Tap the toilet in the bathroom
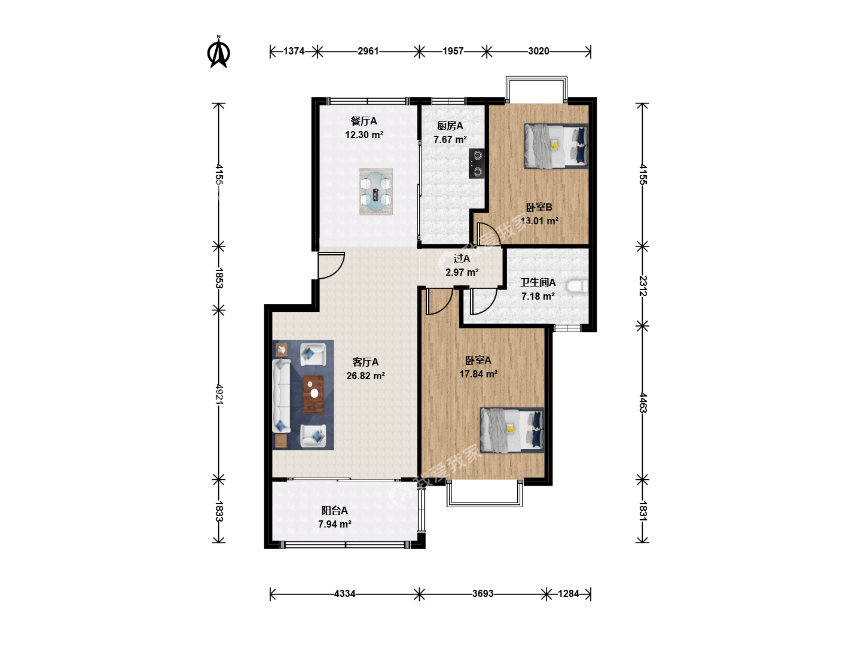[x=578, y=287]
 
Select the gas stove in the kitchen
[x=477, y=163]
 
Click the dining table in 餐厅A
[x=375, y=192]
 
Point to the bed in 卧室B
[x=556, y=146]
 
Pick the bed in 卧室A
[x=512, y=430]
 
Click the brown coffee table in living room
[x=313, y=395]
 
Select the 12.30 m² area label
[x=364, y=135]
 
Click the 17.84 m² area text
[x=478, y=374]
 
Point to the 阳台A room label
[x=335, y=510]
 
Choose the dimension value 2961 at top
[x=368, y=51]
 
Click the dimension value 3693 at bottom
[x=483, y=593]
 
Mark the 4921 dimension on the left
[x=219, y=394]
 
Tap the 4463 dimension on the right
[x=643, y=403]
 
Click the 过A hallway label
[x=462, y=258]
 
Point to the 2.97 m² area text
[x=462, y=272]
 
